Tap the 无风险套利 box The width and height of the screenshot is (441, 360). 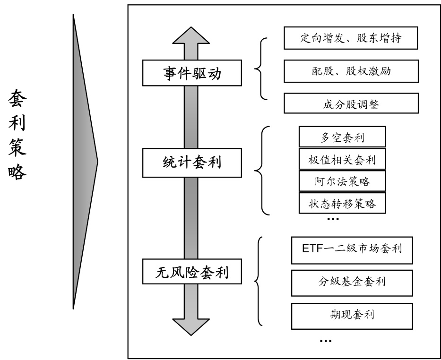point(191,273)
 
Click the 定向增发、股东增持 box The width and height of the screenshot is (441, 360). point(351,38)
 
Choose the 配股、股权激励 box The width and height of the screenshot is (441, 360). point(351,71)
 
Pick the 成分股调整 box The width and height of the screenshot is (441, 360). point(351,103)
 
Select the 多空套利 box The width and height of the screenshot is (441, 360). point(342,137)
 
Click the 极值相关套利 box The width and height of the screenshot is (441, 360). point(342,160)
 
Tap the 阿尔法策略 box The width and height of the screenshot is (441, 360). point(342,181)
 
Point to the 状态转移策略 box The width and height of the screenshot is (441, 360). point(342,203)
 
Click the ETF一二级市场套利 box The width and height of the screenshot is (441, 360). point(352,248)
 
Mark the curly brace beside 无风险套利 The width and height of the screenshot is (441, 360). point(258,282)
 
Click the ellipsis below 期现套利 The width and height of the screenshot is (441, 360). point(326,341)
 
